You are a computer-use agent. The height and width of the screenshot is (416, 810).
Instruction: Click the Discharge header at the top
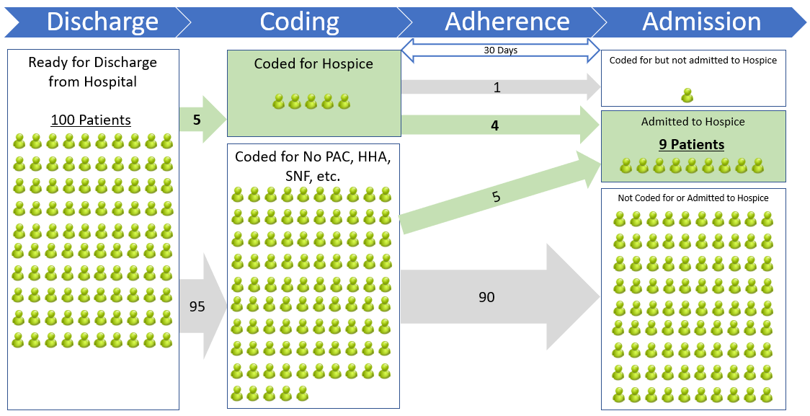pyautogui.click(x=102, y=22)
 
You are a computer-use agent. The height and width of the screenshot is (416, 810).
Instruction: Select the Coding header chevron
pyautogui.click(x=299, y=22)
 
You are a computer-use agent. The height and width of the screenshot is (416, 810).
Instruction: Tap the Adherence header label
pyautogui.click(x=507, y=22)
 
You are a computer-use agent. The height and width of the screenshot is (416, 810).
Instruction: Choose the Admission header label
pyautogui.click(x=701, y=22)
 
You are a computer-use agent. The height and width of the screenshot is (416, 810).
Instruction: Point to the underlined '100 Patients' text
pyautogui.click(x=91, y=120)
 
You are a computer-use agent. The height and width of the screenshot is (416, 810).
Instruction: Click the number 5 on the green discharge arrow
pyautogui.click(x=197, y=120)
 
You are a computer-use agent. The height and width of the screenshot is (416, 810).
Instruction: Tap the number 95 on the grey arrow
pyautogui.click(x=197, y=306)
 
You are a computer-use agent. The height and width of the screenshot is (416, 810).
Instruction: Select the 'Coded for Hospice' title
pyautogui.click(x=313, y=64)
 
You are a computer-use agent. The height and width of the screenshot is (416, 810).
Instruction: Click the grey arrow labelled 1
pyautogui.click(x=497, y=87)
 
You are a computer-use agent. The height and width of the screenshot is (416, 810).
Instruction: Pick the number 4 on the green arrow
pyautogui.click(x=494, y=125)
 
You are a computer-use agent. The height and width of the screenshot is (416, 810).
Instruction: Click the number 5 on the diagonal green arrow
pyautogui.click(x=497, y=196)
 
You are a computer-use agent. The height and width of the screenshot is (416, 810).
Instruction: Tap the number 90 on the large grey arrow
pyautogui.click(x=486, y=296)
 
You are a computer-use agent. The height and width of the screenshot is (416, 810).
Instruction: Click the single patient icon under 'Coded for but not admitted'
pyautogui.click(x=687, y=94)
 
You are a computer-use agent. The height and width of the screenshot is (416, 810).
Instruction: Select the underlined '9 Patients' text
pyautogui.click(x=692, y=145)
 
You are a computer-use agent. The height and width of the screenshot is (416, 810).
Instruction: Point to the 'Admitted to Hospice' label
pyautogui.click(x=693, y=122)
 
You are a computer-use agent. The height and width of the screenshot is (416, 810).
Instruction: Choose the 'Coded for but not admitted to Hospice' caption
pyautogui.click(x=693, y=61)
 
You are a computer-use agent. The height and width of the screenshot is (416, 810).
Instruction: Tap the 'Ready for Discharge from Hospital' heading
pyautogui.click(x=92, y=71)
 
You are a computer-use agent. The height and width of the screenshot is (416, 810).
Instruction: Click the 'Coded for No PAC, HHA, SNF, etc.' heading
pyautogui.click(x=313, y=165)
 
